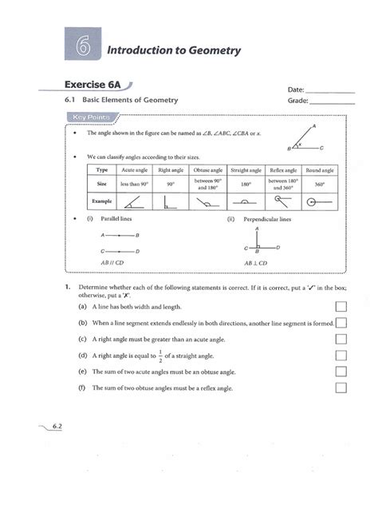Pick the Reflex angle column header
tap(282, 171)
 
